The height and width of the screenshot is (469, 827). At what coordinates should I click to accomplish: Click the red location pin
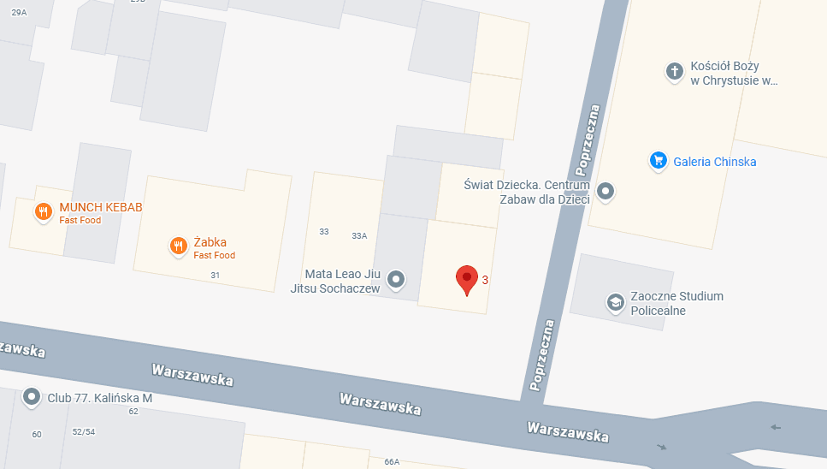(x=466, y=278)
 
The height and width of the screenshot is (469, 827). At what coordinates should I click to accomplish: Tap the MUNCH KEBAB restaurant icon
(x=43, y=211)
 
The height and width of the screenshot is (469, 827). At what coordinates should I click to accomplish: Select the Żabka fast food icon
(x=178, y=246)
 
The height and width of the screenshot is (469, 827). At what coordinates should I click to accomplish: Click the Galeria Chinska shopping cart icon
(x=658, y=160)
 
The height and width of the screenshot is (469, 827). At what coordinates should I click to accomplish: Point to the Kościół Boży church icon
(x=675, y=72)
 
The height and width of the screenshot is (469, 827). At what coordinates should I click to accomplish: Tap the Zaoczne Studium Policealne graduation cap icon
(x=615, y=302)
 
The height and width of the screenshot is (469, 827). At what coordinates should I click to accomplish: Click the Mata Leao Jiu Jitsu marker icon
(x=396, y=279)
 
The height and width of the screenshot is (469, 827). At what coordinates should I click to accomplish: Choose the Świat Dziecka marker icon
(x=605, y=191)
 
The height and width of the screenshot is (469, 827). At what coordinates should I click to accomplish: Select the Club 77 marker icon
(x=32, y=396)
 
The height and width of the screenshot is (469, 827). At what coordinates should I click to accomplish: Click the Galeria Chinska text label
(x=714, y=162)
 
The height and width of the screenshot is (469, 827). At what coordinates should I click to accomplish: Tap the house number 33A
(x=359, y=236)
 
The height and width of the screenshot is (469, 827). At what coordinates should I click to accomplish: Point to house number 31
(x=215, y=275)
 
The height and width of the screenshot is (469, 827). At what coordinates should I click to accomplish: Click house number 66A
(x=392, y=462)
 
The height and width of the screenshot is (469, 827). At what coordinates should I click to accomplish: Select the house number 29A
(x=19, y=13)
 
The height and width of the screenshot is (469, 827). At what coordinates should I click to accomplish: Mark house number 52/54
(x=83, y=432)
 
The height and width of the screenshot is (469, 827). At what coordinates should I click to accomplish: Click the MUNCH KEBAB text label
(x=100, y=208)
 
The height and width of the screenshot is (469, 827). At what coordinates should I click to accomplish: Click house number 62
(x=133, y=412)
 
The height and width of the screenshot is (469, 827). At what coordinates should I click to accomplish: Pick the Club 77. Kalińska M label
(x=99, y=397)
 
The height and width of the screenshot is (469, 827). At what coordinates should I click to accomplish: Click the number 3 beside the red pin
(x=486, y=280)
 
